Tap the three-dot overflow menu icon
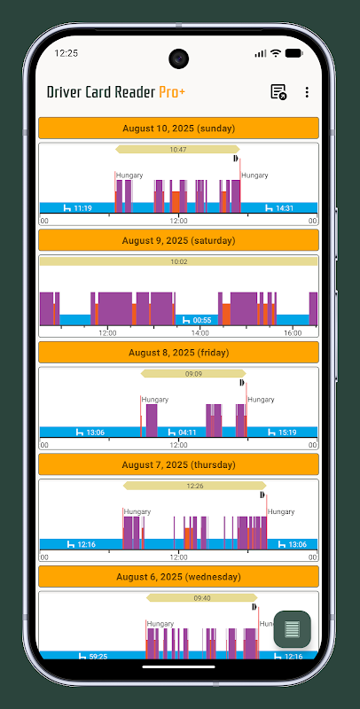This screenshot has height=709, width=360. click(307, 92)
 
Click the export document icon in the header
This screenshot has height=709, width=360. click(278, 92)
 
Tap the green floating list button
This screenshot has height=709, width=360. click(292, 629)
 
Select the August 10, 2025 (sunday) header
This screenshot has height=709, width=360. click(178, 129)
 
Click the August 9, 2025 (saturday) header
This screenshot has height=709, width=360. click(178, 240)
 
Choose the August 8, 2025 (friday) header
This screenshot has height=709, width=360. click(178, 353)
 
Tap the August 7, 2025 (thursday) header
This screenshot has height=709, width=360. click(178, 464)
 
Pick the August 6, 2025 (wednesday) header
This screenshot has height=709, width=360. click(178, 577)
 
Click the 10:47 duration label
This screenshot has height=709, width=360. click(178, 150)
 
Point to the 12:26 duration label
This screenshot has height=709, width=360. click(195, 486)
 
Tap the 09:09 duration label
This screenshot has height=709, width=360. click(193, 374)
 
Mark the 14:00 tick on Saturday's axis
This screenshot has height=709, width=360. click(200, 333)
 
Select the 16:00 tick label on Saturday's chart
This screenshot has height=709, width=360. click(293, 333)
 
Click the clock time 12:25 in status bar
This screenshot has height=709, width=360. click(66, 53)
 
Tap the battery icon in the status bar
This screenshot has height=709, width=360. click(294, 53)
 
